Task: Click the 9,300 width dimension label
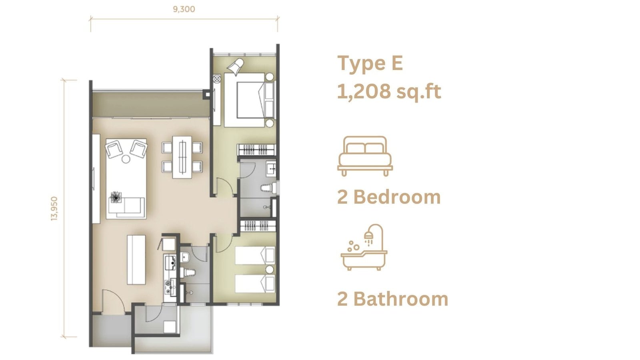[x=184, y=9]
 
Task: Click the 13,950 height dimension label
[x=54, y=208]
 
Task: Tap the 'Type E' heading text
[x=370, y=64]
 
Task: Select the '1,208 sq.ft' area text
[x=389, y=92]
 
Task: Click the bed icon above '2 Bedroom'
[x=365, y=156]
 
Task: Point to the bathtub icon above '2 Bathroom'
[x=364, y=247]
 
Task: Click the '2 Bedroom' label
[x=389, y=197]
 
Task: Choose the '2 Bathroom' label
[x=392, y=299]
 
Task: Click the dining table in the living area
[x=182, y=157]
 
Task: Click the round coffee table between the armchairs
[x=126, y=159]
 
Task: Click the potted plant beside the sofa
[x=116, y=197]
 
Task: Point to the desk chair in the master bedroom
[x=236, y=67]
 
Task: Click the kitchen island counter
[x=136, y=260]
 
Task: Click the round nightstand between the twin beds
[x=269, y=270]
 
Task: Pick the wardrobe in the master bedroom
[x=256, y=150]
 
